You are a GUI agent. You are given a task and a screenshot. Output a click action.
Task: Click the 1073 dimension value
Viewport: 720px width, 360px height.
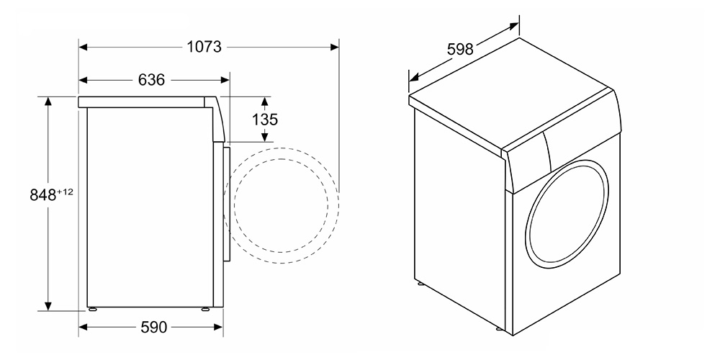[204, 47]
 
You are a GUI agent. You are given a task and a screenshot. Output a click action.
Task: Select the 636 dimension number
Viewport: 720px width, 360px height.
[151, 80]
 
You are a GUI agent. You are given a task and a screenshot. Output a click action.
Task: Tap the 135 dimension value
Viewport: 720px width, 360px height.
[265, 120]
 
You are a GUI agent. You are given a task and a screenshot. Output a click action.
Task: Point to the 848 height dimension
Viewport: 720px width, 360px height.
[42, 195]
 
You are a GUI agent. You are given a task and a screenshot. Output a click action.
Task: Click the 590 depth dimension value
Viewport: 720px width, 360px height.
[153, 328]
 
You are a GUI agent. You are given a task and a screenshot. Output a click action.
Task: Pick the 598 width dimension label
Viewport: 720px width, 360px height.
[460, 48]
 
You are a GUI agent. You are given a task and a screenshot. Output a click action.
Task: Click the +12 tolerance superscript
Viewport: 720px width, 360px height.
[65, 192]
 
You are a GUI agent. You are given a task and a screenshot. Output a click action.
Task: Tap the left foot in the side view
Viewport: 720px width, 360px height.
[92, 309]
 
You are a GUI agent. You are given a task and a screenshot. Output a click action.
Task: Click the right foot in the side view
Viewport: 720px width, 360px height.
[205, 309]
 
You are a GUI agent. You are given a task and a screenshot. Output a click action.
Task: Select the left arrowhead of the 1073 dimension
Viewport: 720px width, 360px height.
[83, 47]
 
